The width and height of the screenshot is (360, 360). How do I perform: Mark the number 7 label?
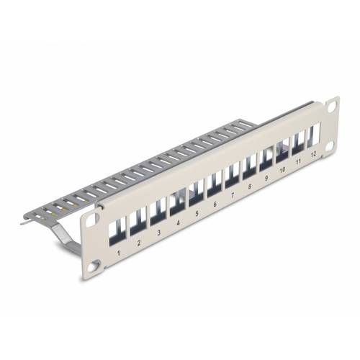point(232,196)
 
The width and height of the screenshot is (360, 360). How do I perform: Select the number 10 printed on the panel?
point(282,169)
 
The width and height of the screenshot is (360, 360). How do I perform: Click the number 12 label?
point(313,154)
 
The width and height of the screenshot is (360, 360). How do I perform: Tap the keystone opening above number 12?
point(314,135)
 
